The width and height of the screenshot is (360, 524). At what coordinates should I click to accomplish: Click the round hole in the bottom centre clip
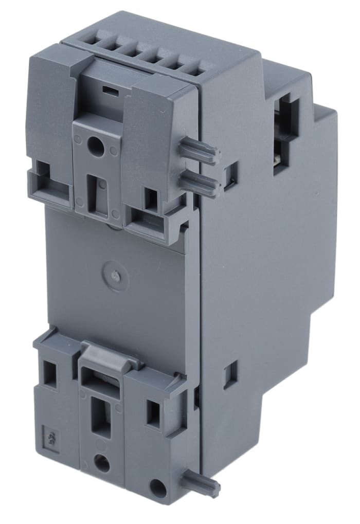(x=102, y=463)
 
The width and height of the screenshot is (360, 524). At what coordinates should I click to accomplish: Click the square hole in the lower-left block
(x=50, y=372)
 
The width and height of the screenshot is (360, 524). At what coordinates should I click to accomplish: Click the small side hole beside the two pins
(x=231, y=175)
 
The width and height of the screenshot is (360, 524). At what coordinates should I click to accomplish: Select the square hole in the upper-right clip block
(x=151, y=199)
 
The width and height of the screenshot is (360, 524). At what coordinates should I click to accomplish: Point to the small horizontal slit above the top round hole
(x=109, y=90)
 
